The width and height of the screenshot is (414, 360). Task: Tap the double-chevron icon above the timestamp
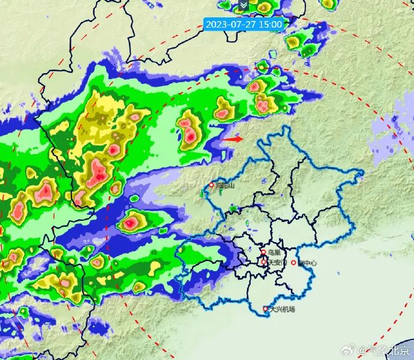click(243, 5)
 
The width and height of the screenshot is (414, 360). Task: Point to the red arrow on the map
click(232, 139)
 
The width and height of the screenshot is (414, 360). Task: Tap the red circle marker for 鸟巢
click(264, 253)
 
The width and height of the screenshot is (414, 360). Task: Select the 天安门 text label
click(277, 262)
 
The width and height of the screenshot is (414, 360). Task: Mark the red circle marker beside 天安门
click(264, 262)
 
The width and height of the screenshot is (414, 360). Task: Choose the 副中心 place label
click(307, 263)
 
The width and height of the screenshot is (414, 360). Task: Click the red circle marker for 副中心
click(293, 263)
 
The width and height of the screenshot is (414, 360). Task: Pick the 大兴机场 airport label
click(282, 310)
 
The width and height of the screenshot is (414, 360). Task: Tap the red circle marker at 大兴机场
click(266, 310)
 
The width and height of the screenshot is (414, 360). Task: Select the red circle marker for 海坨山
click(211, 186)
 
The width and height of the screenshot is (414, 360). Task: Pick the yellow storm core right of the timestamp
click(295, 42)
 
